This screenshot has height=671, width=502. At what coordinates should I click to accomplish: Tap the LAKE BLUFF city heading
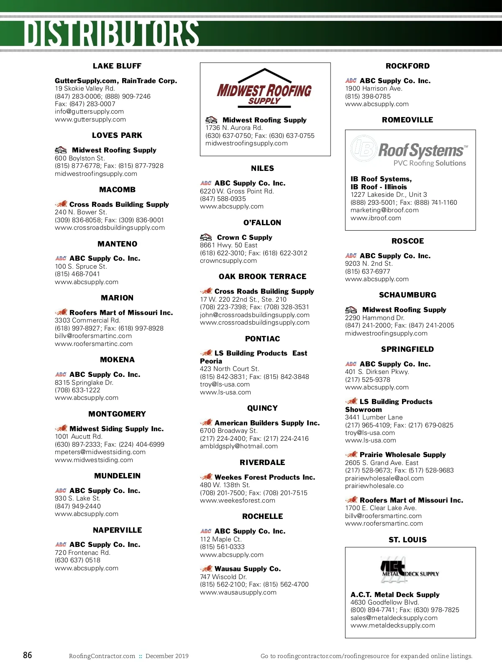click(117, 66)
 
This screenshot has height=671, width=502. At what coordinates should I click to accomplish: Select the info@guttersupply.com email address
click(89, 112)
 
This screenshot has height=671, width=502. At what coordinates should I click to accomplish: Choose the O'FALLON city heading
click(262, 223)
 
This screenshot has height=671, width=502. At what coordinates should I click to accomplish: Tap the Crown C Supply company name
click(244, 237)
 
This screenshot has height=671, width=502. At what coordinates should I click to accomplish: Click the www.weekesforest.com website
click(238, 501)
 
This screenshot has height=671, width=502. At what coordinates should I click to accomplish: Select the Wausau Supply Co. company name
click(248, 569)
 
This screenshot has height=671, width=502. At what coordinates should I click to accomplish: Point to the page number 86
click(28, 655)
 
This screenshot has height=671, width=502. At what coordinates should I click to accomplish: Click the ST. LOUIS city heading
click(407, 540)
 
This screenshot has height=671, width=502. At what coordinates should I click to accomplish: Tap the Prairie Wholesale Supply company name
click(402, 455)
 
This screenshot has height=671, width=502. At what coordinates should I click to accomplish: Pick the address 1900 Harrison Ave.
click(374, 89)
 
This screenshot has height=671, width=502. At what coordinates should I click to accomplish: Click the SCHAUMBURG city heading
click(407, 295)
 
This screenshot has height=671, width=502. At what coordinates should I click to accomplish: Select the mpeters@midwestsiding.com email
click(100, 452)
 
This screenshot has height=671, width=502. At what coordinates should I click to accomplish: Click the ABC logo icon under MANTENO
click(61, 259)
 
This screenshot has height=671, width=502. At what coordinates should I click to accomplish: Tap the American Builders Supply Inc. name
click(267, 423)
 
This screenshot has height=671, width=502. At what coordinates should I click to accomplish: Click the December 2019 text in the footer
click(167, 656)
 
